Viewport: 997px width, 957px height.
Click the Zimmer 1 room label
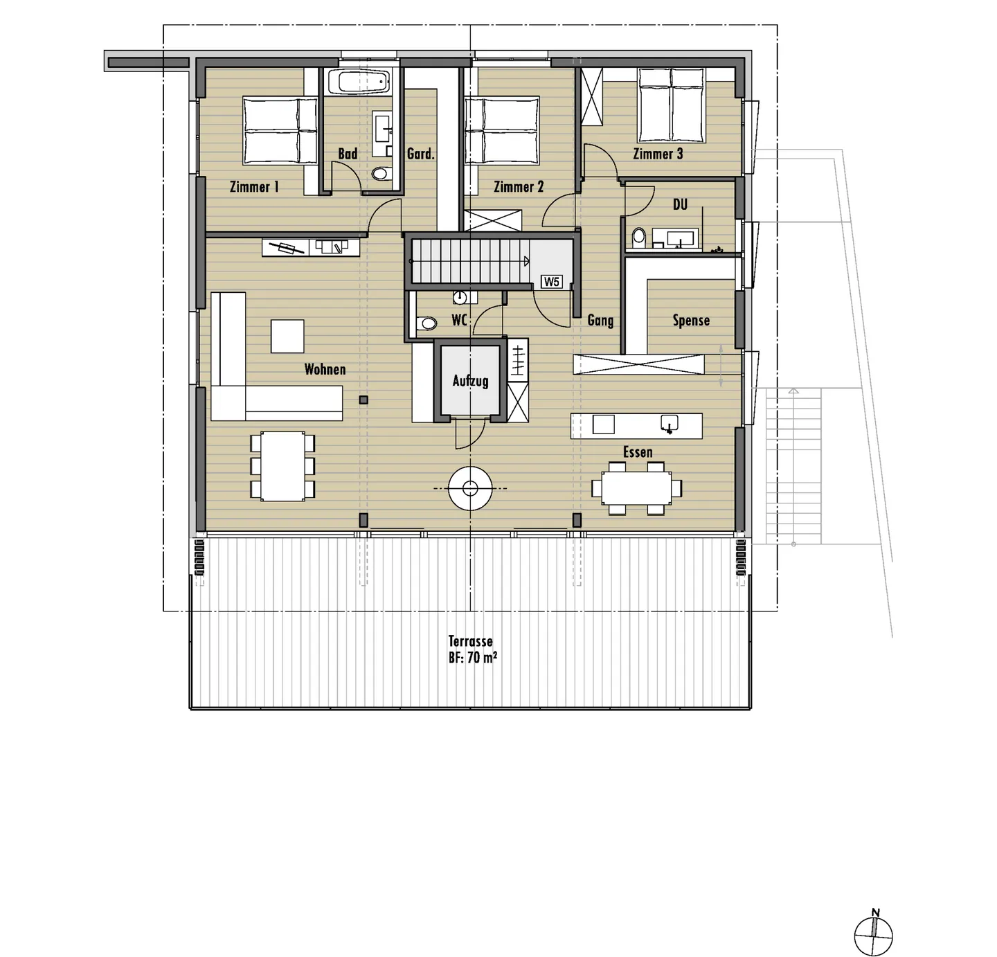click(x=254, y=186)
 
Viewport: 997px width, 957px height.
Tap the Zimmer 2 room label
click(x=519, y=186)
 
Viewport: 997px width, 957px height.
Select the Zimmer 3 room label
click(x=658, y=154)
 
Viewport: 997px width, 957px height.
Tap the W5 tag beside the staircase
click(x=552, y=282)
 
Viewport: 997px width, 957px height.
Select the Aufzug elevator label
click(x=470, y=381)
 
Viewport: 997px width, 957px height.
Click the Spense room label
click(x=691, y=320)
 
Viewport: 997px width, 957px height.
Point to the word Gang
click(x=600, y=320)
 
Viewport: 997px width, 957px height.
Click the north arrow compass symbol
click(x=874, y=936)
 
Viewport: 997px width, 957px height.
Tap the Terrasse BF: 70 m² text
click(x=471, y=650)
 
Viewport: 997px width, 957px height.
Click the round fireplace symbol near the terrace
click(x=470, y=489)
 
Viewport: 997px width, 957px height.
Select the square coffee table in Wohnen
click(x=287, y=336)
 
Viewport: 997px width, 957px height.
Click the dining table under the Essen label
click(x=636, y=488)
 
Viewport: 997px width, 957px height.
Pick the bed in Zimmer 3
click(x=671, y=105)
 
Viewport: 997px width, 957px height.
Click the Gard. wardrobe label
click(x=420, y=154)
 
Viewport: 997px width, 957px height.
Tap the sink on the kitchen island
click(x=669, y=424)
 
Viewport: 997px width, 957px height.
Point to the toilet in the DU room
click(x=638, y=238)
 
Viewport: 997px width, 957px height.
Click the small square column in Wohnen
click(x=363, y=400)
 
